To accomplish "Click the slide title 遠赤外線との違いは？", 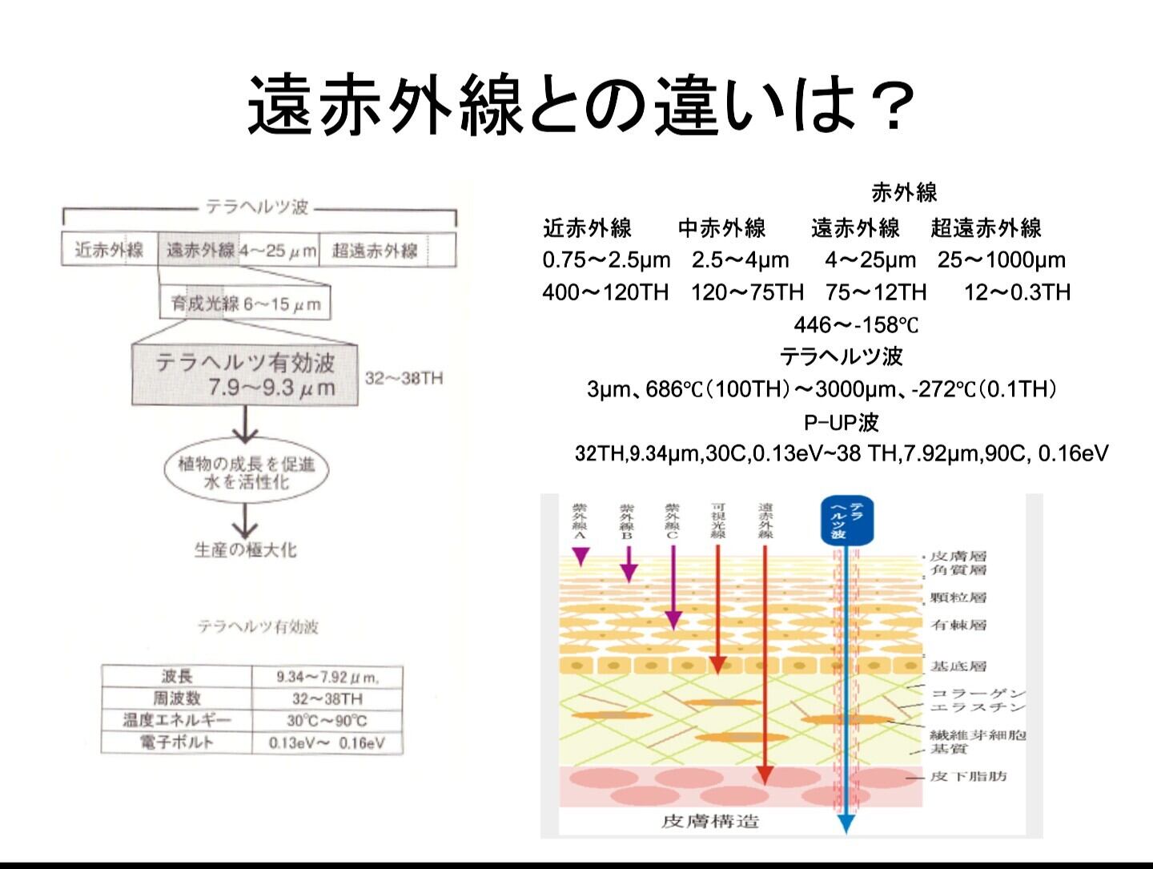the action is coord(580,105).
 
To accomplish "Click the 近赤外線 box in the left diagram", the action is coord(110,250).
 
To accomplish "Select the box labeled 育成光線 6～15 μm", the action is coord(245,304).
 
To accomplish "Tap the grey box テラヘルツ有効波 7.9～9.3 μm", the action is coord(245,375).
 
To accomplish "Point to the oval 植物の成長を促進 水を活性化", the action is coord(246,473).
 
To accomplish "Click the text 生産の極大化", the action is coord(245,550).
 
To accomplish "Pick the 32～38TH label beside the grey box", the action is coord(404,378).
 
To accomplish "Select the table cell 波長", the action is coord(177,676).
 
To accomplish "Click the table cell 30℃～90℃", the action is coord(327,720).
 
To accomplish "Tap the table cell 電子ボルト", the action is coord(177,742).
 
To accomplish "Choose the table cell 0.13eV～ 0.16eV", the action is coord(327,742).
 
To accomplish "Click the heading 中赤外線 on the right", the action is coord(721,228).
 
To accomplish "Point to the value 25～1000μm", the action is coord(1001,260).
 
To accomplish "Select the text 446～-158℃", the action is coord(856,324).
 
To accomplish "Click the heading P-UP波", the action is coord(841,421).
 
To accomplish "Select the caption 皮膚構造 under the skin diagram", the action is coord(710,821).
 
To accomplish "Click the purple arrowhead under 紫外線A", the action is coord(581,556).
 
